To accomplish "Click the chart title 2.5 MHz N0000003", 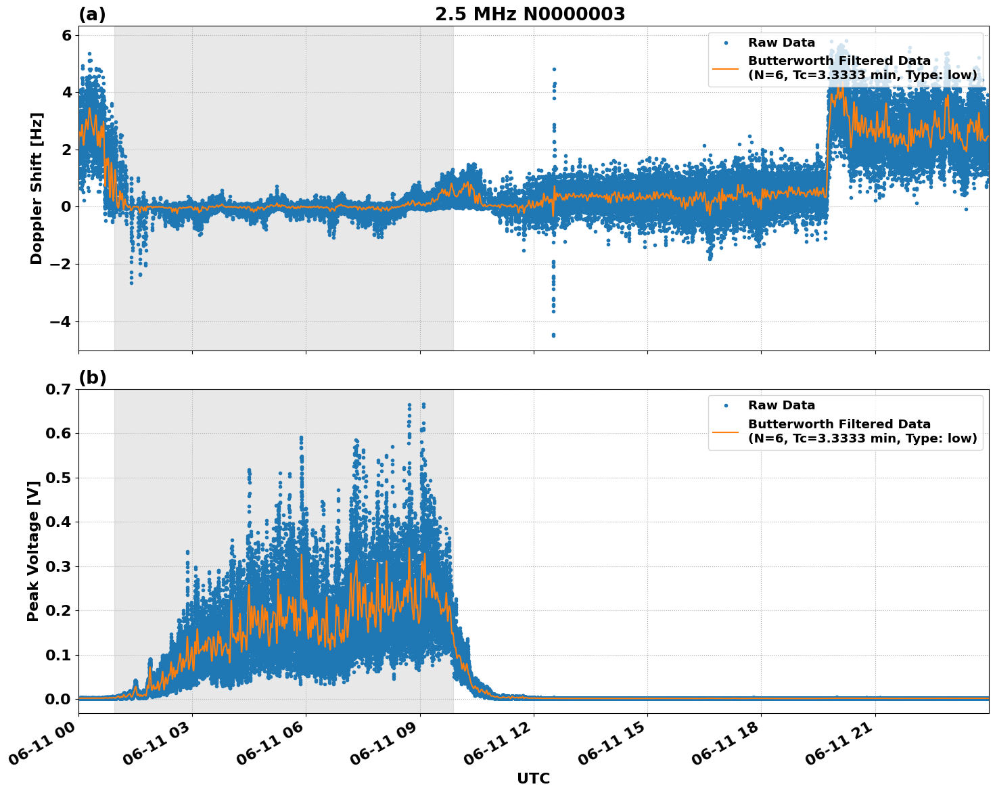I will pyautogui.click(x=530, y=14).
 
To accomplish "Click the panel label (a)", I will pyautogui.click(x=92, y=14).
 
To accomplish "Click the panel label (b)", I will pyautogui.click(x=92, y=378).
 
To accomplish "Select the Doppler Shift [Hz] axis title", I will pyautogui.click(x=37, y=188).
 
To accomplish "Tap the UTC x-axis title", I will pyautogui.click(x=533, y=778).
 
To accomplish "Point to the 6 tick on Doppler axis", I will pyautogui.click(x=66, y=35).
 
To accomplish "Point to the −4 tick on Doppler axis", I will pyautogui.click(x=60, y=321).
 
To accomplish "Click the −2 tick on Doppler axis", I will pyautogui.click(x=60, y=264).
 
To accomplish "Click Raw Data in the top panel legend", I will pyautogui.click(x=781, y=43).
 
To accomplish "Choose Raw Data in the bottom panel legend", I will pyautogui.click(x=781, y=405).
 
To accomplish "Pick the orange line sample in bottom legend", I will pyautogui.click(x=725, y=431).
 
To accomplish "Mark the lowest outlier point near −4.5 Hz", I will pyautogui.click(x=553, y=336).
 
